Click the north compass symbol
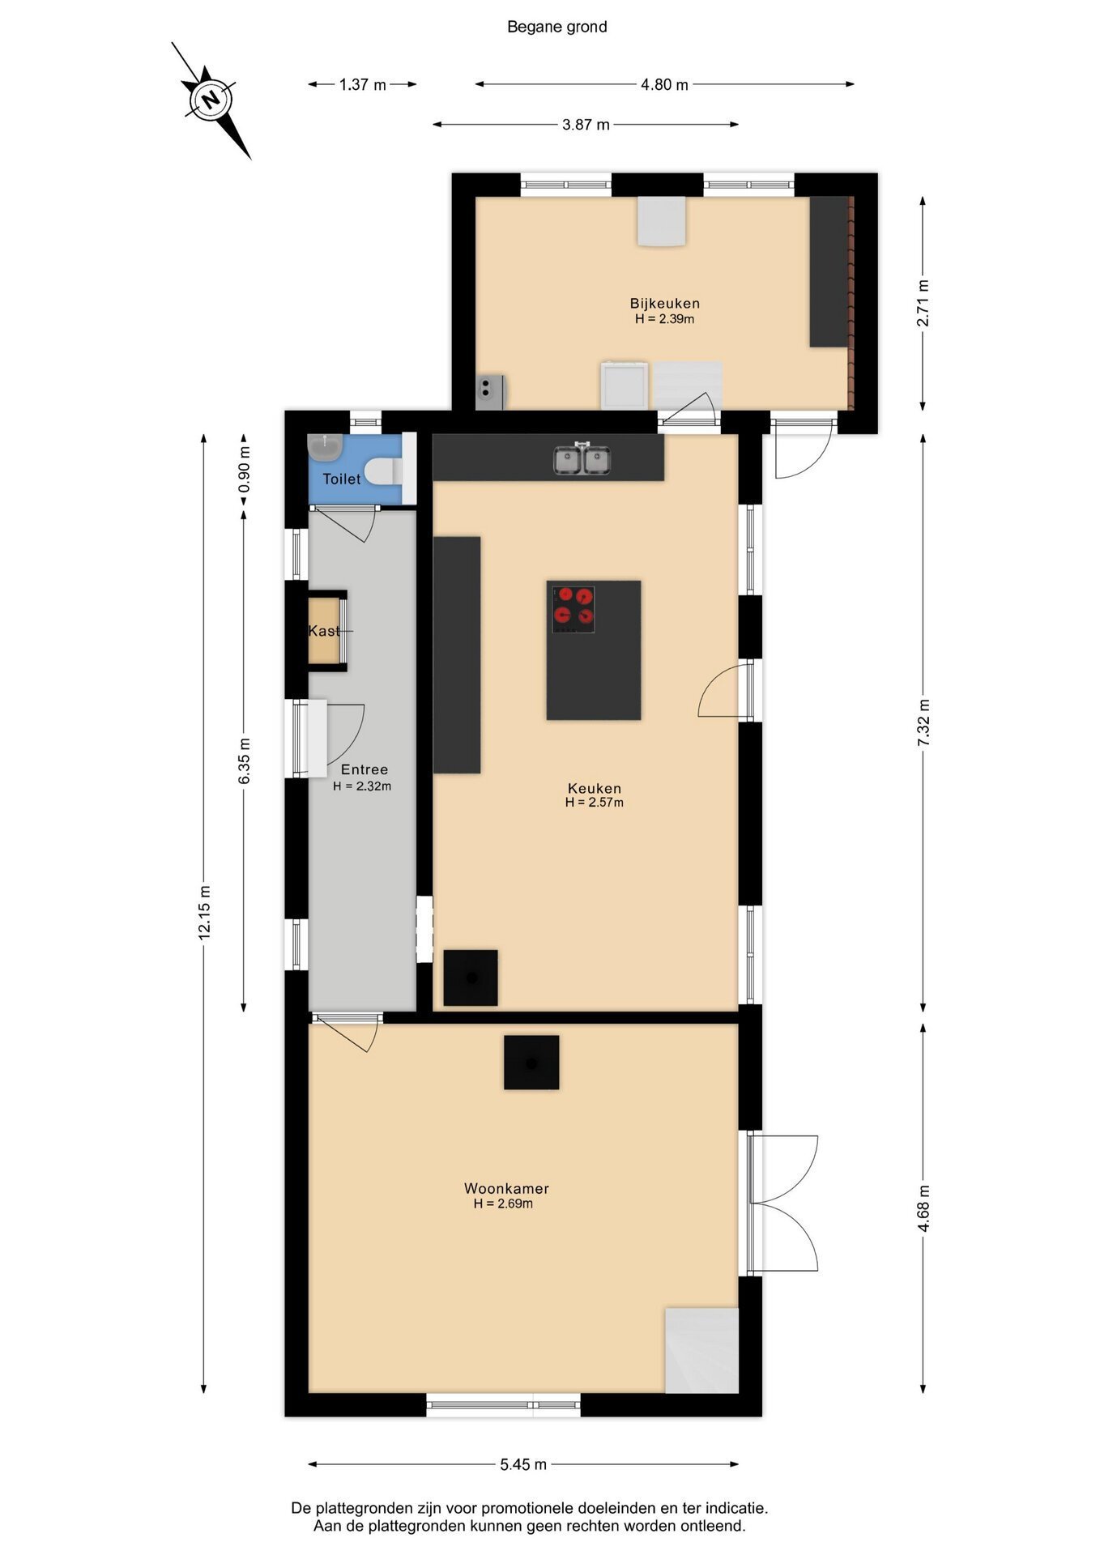[x=211, y=100]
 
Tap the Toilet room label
[x=342, y=479]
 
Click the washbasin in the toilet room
[x=325, y=446]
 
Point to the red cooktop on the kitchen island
[x=573, y=609]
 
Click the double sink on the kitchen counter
[x=582, y=459]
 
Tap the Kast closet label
[x=324, y=631]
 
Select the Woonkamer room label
[x=506, y=1188]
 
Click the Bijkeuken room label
[x=665, y=303]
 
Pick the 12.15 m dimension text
[x=204, y=912]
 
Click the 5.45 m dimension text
[x=523, y=1463]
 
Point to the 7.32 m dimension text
[x=923, y=723]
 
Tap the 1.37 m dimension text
[x=363, y=84]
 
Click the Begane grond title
[x=557, y=27]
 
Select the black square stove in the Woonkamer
[x=531, y=1062]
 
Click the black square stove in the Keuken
[x=471, y=978]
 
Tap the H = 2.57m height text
[x=595, y=803]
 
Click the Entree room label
[x=365, y=769]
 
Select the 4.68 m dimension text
[x=923, y=1208]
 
